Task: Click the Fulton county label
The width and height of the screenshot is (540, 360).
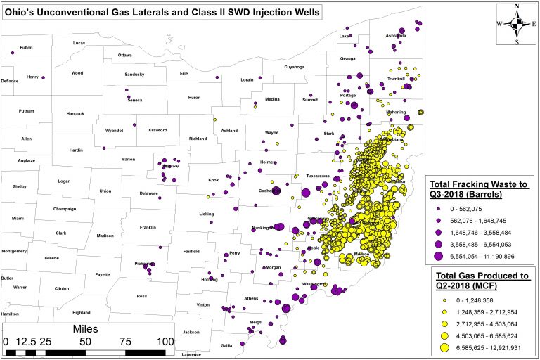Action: click(26, 47)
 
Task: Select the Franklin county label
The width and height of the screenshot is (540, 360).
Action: click(148, 227)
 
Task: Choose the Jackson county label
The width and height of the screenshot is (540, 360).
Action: click(191, 332)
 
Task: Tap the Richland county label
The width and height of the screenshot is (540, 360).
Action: click(198, 139)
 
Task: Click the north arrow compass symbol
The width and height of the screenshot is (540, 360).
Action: click(517, 22)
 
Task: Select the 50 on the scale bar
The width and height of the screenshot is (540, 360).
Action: click(85, 342)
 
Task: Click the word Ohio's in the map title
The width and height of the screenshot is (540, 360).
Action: click(23, 12)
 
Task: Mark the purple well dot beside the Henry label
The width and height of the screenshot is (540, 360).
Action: click(43, 77)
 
